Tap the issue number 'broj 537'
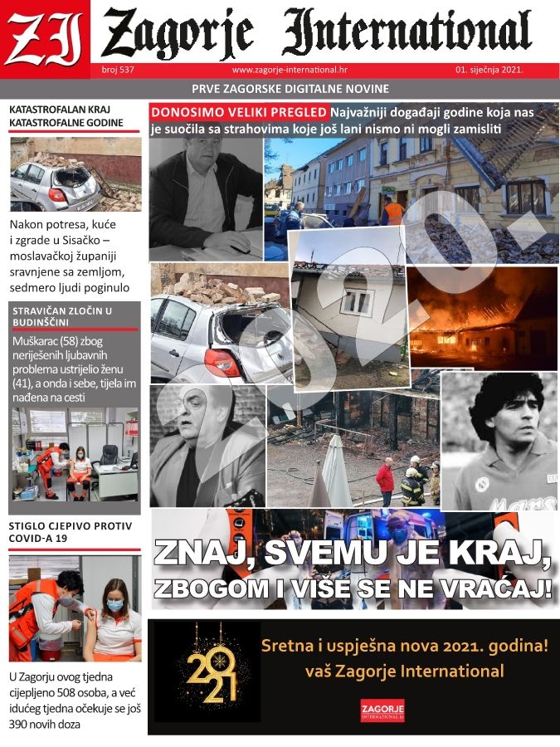click(x=118, y=70)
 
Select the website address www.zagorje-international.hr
click(x=289, y=70)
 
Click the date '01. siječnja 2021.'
click(x=489, y=70)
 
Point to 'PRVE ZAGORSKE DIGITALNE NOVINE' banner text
click(x=290, y=89)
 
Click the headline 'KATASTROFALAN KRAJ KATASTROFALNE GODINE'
click(x=66, y=116)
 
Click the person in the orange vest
click(x=392, y=212)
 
